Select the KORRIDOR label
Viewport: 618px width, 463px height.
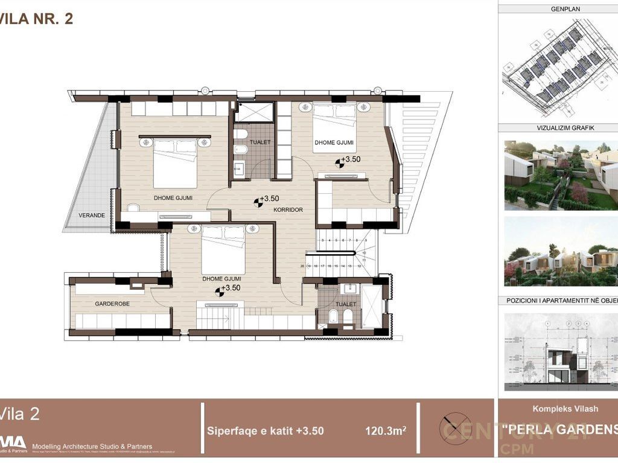pyautogui.click(x=287, y=209)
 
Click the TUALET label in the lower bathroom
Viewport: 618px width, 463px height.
pyautogui.click(x=346, y=304)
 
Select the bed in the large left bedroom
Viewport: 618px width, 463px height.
pyautogui.click(x=175, y=163)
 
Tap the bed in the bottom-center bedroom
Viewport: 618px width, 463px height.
pyautogui.click(x=223, y=249)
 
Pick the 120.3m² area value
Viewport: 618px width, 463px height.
pyautogui.click(x=385, y=431)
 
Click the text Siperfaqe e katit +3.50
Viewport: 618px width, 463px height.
pyautogui.click(x=265, y=431)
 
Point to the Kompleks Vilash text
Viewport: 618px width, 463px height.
pyautogui.click(x=565, y=409)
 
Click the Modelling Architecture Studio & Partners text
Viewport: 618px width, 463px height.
pyautogui.click(x=92, y=446)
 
